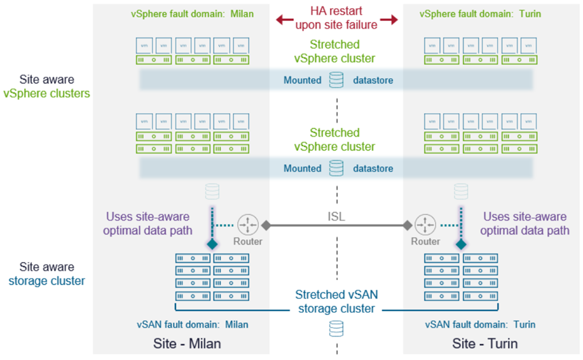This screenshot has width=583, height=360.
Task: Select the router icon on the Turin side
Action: point(424,225)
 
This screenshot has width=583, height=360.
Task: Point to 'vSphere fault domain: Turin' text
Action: point(481,13)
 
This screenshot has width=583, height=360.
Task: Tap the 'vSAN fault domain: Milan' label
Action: point(193,324)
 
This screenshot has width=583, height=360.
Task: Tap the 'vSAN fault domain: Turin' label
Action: point(480,324)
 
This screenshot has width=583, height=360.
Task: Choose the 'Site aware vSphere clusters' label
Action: point(46,87)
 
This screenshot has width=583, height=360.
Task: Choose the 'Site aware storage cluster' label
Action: point(46,273)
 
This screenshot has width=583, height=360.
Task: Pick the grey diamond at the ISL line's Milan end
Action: point(266,225)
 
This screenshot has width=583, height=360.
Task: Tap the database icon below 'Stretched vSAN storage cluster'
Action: point(336,328)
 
